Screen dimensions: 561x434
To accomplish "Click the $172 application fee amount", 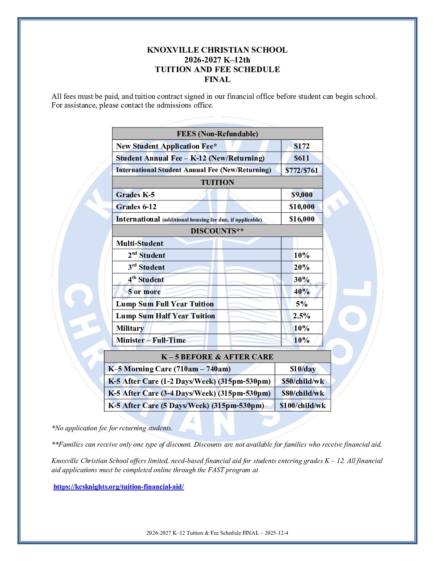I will click(302, 146).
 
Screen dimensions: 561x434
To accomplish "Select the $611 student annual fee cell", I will click(302, 158).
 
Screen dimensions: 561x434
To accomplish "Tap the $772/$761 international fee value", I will click(302, 171).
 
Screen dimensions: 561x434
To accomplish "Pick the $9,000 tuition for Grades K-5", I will click(302, 195).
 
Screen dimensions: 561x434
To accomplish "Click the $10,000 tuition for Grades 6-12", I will click(302, 207).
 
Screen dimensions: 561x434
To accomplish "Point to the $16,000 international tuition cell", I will click(302, 219).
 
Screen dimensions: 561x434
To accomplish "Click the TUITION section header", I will click(217, 182).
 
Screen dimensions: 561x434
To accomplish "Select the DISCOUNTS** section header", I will click(217, 231).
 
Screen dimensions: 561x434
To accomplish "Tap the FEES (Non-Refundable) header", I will click(217, 134).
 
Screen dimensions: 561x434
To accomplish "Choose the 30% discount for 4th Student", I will click(302, 280).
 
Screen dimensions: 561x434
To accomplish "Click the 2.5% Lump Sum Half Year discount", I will click(302, 316).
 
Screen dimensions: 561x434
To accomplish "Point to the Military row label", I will click(130, 328).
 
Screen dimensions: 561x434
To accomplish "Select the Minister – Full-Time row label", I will click(151, 340).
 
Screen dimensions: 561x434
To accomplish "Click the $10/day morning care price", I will click(303, 369).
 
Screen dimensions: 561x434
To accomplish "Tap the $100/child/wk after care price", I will click(303, 406).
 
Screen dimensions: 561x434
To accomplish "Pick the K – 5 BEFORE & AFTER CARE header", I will click(217, 357).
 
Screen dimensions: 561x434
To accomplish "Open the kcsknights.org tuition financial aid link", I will click(118, 486).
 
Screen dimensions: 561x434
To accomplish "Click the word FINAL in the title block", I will click(217, 79).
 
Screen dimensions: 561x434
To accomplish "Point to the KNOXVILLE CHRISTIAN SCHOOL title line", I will click(217, 50).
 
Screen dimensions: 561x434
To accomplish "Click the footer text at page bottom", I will click(217, 533).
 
